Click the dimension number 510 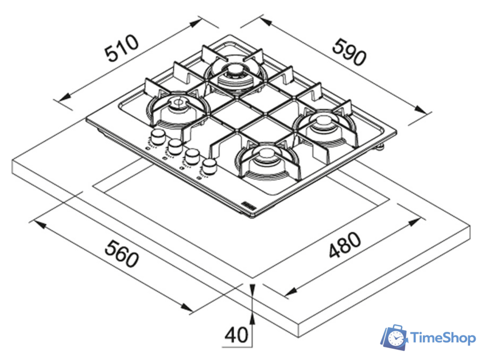point(122,50)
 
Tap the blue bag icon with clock point(395,338)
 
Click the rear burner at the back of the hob point(234,74)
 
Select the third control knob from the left point(192,156)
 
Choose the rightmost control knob point(209,166)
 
